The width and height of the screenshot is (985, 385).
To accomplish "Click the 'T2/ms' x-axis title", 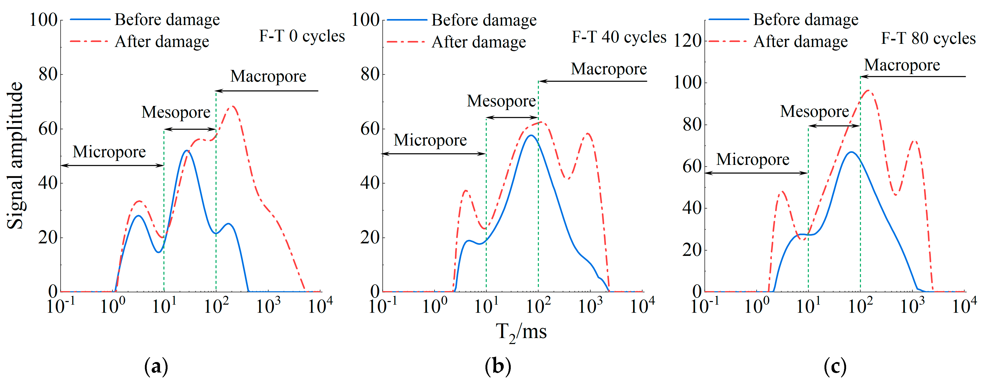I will (x=521, y=332).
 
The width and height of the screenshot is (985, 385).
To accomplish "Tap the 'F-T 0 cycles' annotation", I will (x=302, y=36).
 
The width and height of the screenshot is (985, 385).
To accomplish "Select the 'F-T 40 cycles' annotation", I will (x=619, y=37).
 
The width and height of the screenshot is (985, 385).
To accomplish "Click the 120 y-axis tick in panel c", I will (x=687, y=41).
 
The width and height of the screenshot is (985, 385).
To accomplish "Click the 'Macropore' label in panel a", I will (x=268, y=76).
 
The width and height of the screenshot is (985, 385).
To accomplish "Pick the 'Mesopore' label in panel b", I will (x=501, y=101).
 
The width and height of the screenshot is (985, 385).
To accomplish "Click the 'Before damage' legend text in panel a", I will (x=167, y=20).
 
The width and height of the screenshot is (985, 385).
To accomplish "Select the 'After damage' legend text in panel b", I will (x=479, y=42).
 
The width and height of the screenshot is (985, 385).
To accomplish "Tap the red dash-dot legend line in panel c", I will (x=727, y=41).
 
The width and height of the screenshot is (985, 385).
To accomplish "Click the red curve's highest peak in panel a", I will (x=232, y=106).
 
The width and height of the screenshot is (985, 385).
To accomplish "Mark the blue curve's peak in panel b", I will (x=530, y=135).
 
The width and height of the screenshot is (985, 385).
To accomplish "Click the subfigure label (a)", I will (x=156, y=367).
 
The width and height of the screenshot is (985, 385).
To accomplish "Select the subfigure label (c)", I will (x=835, y=367).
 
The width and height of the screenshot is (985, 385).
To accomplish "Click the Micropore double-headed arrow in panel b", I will (x=434, y=154).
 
